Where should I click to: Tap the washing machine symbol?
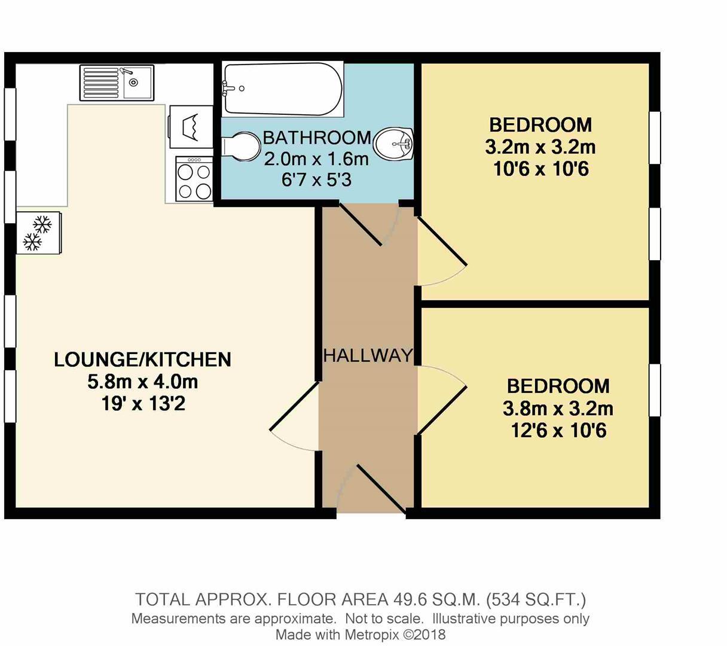click(x=191, y=127)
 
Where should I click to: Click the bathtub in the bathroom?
click(x=282, y=90)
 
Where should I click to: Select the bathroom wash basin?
click(x=394, y=144)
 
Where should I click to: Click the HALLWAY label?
click(x=368, y=356)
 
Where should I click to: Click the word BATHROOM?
click(x=316, y=138)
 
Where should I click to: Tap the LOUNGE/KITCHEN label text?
click(x=142, y=359)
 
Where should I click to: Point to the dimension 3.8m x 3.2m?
click(x=558, y=409)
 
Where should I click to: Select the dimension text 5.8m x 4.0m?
click(x=142, y=381)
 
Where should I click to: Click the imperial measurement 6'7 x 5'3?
click(x=316, y=179)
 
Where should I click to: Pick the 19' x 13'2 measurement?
click(x=143, y=404)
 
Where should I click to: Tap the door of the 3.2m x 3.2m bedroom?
click(x=442, y=251)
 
